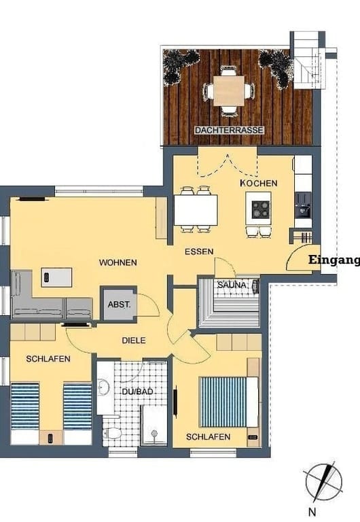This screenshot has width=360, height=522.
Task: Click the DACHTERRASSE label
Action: [229, 130]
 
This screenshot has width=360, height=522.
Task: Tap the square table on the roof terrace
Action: [229, 90]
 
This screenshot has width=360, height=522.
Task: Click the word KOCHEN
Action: [259, 183]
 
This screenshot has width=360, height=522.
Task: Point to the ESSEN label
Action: [199, 251]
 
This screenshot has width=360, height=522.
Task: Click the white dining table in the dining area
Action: [196, 210]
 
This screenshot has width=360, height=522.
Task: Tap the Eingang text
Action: [334, 260]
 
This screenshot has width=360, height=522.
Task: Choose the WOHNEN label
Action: [118, 262]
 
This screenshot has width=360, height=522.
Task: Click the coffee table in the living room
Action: [56, 277]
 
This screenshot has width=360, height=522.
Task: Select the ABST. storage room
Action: [119, 304]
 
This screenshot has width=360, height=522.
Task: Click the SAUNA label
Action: [233, 285]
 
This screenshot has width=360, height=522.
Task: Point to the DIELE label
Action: [134, 341]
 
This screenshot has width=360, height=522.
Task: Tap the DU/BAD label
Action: [137, 391]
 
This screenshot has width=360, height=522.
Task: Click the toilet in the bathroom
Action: [111, 433]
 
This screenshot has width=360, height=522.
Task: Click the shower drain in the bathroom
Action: [154, 434]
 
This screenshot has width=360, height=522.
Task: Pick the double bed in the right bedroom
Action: [229, 402]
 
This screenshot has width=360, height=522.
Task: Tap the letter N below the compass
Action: [312, 512]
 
